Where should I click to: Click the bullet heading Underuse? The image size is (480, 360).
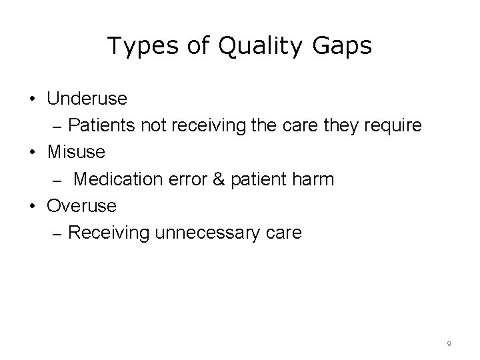coord(87,99)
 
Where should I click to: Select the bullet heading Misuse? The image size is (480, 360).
coord(76,152)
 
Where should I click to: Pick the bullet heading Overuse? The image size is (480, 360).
coord(81,205)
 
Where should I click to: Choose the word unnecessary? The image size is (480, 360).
coord(200,233)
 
